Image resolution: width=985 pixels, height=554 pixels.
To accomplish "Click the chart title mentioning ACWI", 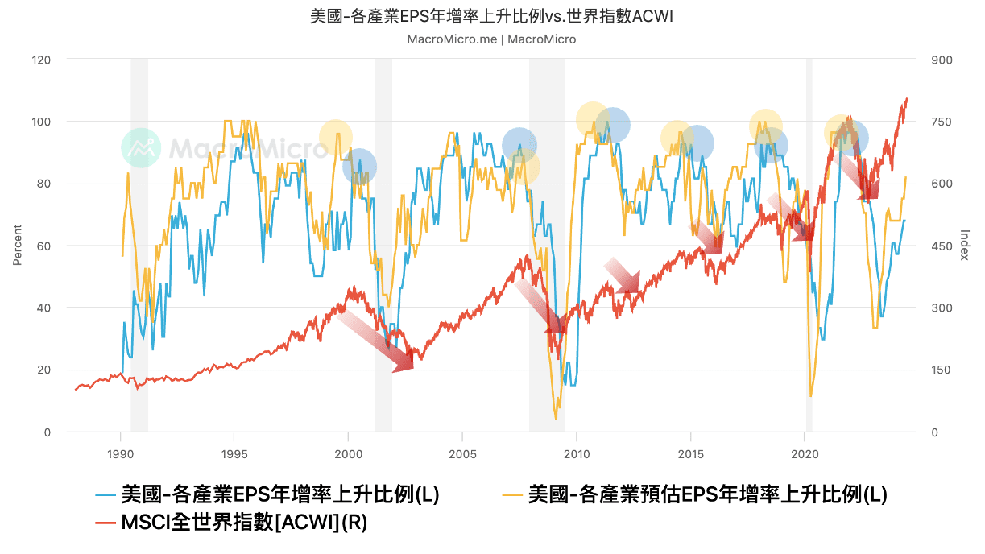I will (x=492, y=17).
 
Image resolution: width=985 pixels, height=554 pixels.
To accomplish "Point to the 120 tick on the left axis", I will (x=41, y=60).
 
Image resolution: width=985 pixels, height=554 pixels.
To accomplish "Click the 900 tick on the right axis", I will (x=942, y=60).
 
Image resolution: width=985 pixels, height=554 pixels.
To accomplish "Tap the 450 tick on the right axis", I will (x=942, y=246).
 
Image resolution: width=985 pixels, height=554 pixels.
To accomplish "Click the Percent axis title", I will (x=17, y=246).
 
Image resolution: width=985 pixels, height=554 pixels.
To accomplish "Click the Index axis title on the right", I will (x=965, y=246).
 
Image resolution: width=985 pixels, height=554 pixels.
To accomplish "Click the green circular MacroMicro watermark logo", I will (x=141, y=147).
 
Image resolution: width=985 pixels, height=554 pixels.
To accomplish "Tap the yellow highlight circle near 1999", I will (x=336, y=138).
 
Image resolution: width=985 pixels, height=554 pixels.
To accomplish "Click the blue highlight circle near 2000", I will (x=359, y=167).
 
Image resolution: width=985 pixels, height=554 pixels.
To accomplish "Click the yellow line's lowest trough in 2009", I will (x=556, y=418).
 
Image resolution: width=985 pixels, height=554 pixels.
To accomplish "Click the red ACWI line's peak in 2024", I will (x=907, y=99).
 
